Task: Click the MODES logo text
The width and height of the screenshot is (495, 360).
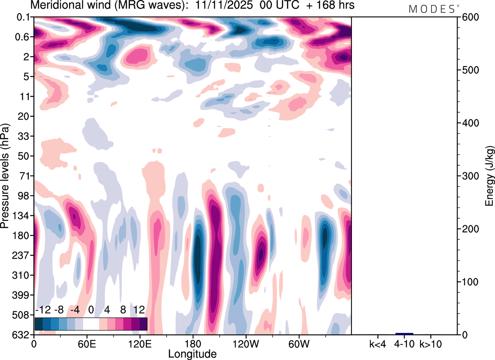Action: click(x=432, y=9)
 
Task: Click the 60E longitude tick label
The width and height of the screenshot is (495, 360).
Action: click(x=87, y=343)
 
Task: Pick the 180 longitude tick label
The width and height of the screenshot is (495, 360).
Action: click(x=192, y=343)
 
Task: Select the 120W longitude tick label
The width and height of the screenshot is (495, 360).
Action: click(x=245, y=343)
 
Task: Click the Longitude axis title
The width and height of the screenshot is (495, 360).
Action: click(x=192, y=353)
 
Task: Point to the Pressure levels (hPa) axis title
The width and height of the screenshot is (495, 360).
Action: click(x=5, y=176)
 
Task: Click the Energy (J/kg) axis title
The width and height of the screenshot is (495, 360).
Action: click(x=490, y=176)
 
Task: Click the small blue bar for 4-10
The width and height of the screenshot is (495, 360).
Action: click(x=404, y=334)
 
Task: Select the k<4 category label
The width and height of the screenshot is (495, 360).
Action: click(x=377, y=343)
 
